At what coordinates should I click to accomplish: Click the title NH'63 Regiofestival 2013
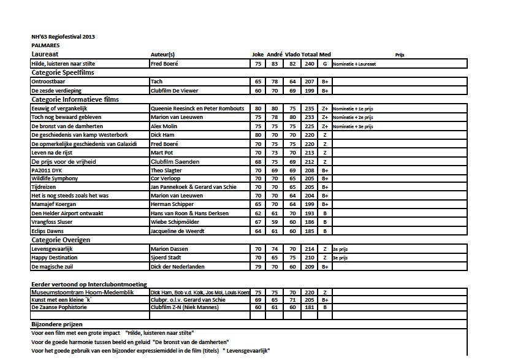click(63, 37)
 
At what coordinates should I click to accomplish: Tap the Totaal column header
click(310, 55)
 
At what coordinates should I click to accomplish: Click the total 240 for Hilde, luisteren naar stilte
click(310, 64)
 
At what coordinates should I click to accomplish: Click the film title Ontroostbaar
click(48, 82)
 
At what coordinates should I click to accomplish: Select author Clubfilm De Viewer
click(175, 91)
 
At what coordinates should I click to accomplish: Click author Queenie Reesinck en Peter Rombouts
click(197, 109)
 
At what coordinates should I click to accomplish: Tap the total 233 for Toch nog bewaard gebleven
click(310, 117)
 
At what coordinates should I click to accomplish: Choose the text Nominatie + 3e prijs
click(353, 126)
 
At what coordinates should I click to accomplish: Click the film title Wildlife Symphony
click(55, 178)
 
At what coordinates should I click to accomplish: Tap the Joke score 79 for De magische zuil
click(258, 267)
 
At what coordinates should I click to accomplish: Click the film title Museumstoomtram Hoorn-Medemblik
click(75, 293)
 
